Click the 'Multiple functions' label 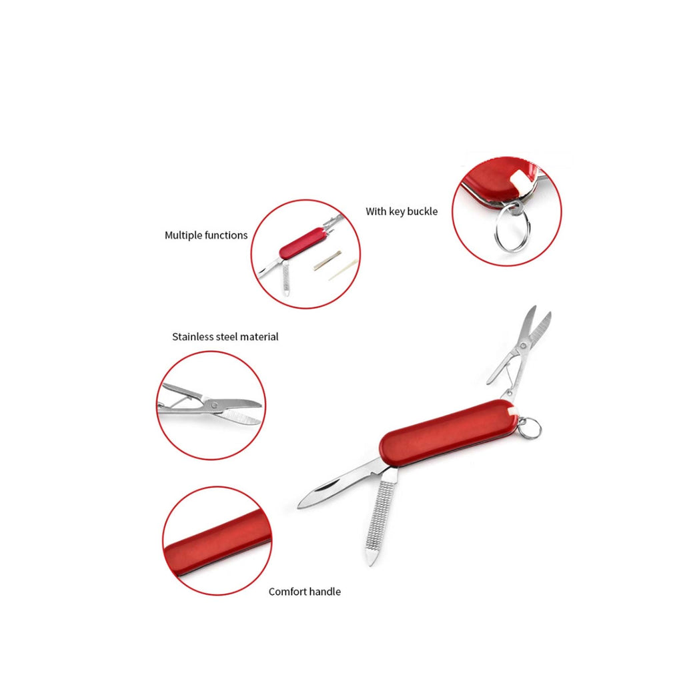[206, 235]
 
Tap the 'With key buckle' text [402, 211]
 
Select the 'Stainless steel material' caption [225, 337]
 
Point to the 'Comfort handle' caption [304, 592]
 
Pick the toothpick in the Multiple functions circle [344, 270]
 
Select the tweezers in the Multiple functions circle [327, 261]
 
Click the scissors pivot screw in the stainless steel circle [214, 405]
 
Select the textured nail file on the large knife [380, 516]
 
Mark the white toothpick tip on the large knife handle [512, 411]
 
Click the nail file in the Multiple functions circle [285, 279]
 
